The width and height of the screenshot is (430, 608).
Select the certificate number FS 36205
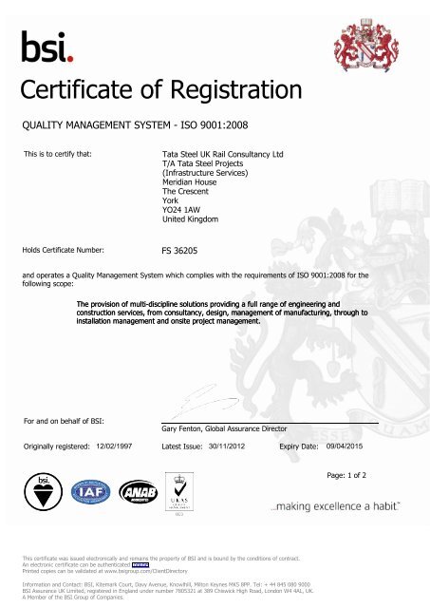[184, 254]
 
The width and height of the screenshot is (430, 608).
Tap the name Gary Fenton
[192, 428]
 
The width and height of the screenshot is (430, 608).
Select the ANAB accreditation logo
[140, 490]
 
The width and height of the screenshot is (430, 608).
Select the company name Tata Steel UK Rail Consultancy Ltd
[224, 153]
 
